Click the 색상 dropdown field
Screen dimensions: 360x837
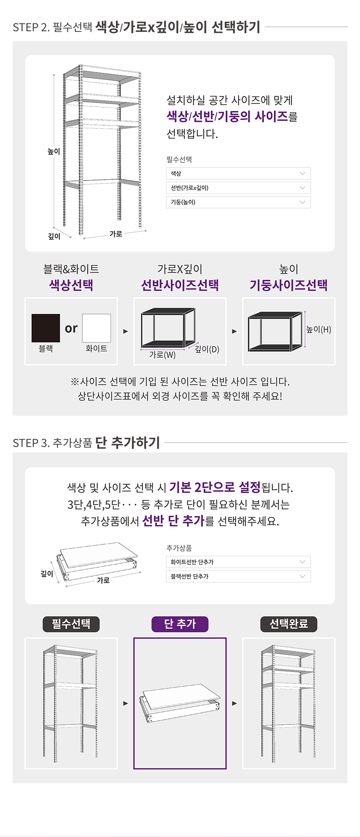pos(238,173)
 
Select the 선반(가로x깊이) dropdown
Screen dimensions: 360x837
pos(238,188)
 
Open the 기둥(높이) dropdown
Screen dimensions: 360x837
pos(238,202)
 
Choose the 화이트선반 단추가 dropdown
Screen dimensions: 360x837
pos(238,562)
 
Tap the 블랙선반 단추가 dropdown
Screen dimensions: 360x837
pos(238,576)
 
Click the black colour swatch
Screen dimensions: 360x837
pos(46,328)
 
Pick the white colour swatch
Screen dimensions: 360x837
pos(97,328)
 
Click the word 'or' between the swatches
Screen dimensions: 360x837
pos(71,329)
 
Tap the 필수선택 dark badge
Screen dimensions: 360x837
pos(71,624)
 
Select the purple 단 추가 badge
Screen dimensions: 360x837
pos(180,624)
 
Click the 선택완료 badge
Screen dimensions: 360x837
pos(289,624)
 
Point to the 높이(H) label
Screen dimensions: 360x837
pos(319,330)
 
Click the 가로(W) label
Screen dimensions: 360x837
pos(162,355)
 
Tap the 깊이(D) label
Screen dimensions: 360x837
pos(207,349)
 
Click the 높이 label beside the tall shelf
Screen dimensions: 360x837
pos(54,152)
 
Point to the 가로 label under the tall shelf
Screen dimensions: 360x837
pos(116,234)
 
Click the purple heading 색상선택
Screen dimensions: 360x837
pos(71,285)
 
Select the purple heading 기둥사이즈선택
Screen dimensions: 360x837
pos(289,285)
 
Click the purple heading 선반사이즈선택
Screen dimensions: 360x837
pos(180,285)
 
